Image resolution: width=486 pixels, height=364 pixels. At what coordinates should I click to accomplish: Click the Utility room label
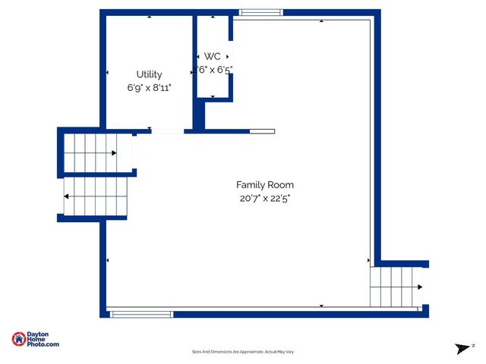coord(149,74)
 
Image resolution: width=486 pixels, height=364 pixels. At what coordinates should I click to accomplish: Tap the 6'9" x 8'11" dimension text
coord(149,88)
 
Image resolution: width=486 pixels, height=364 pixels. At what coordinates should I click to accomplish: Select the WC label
coord(213,57)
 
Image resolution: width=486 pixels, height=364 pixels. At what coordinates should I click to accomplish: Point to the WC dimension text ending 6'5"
coord(214,70)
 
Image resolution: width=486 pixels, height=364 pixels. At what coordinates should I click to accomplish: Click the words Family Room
coord(264,185)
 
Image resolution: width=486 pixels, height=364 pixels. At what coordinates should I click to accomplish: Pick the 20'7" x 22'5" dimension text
coord(264,199)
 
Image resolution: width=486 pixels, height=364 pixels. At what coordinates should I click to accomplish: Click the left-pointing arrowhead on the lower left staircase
coord(67,197)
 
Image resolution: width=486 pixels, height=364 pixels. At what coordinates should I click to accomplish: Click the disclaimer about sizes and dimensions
coord(242,352)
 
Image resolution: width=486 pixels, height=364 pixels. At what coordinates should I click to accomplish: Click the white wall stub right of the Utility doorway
coord(262,131)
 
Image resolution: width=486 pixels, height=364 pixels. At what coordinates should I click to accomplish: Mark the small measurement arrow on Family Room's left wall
coord(108,261)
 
